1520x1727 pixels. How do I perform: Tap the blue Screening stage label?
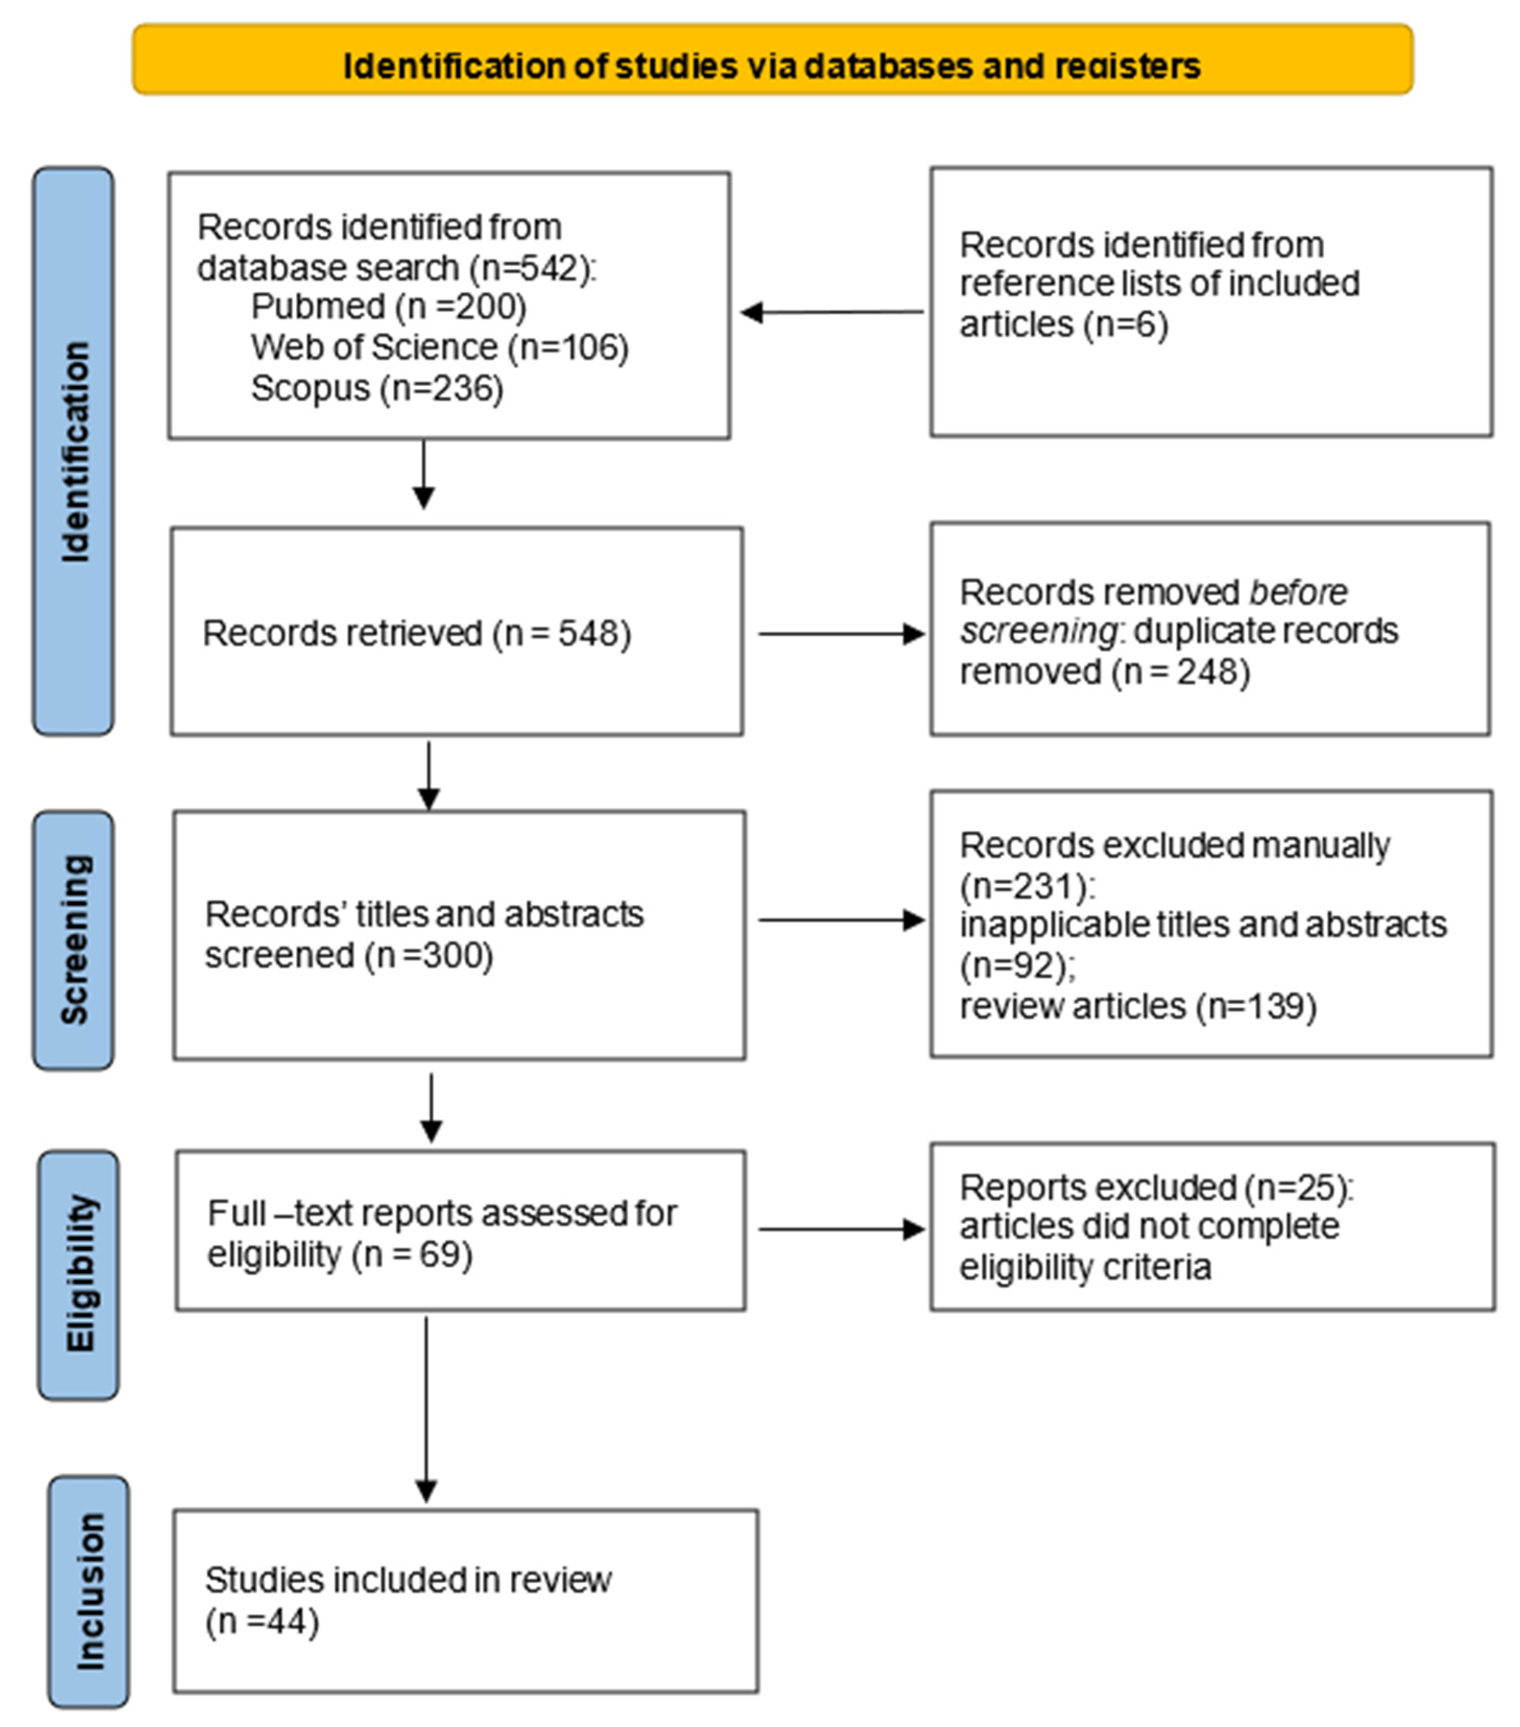(x=74, y=939)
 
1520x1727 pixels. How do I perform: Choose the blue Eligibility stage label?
(x=79, y=1274)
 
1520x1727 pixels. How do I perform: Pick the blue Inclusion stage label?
(x=89, y=1591)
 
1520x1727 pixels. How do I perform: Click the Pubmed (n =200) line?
(x=388, y=306)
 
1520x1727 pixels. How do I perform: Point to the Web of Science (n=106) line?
(x=439, y=347)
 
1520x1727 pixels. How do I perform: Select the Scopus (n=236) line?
(x=377, y=389)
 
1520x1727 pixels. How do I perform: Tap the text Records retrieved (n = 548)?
(x=417, y=633)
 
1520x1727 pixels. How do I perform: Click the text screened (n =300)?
(x=348, y=956)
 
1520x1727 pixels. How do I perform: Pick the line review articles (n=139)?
(x=1137, y=1006)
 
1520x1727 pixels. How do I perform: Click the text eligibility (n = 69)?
(x=339, y=1254)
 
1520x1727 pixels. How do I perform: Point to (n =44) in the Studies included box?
(x=262, y=1622)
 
